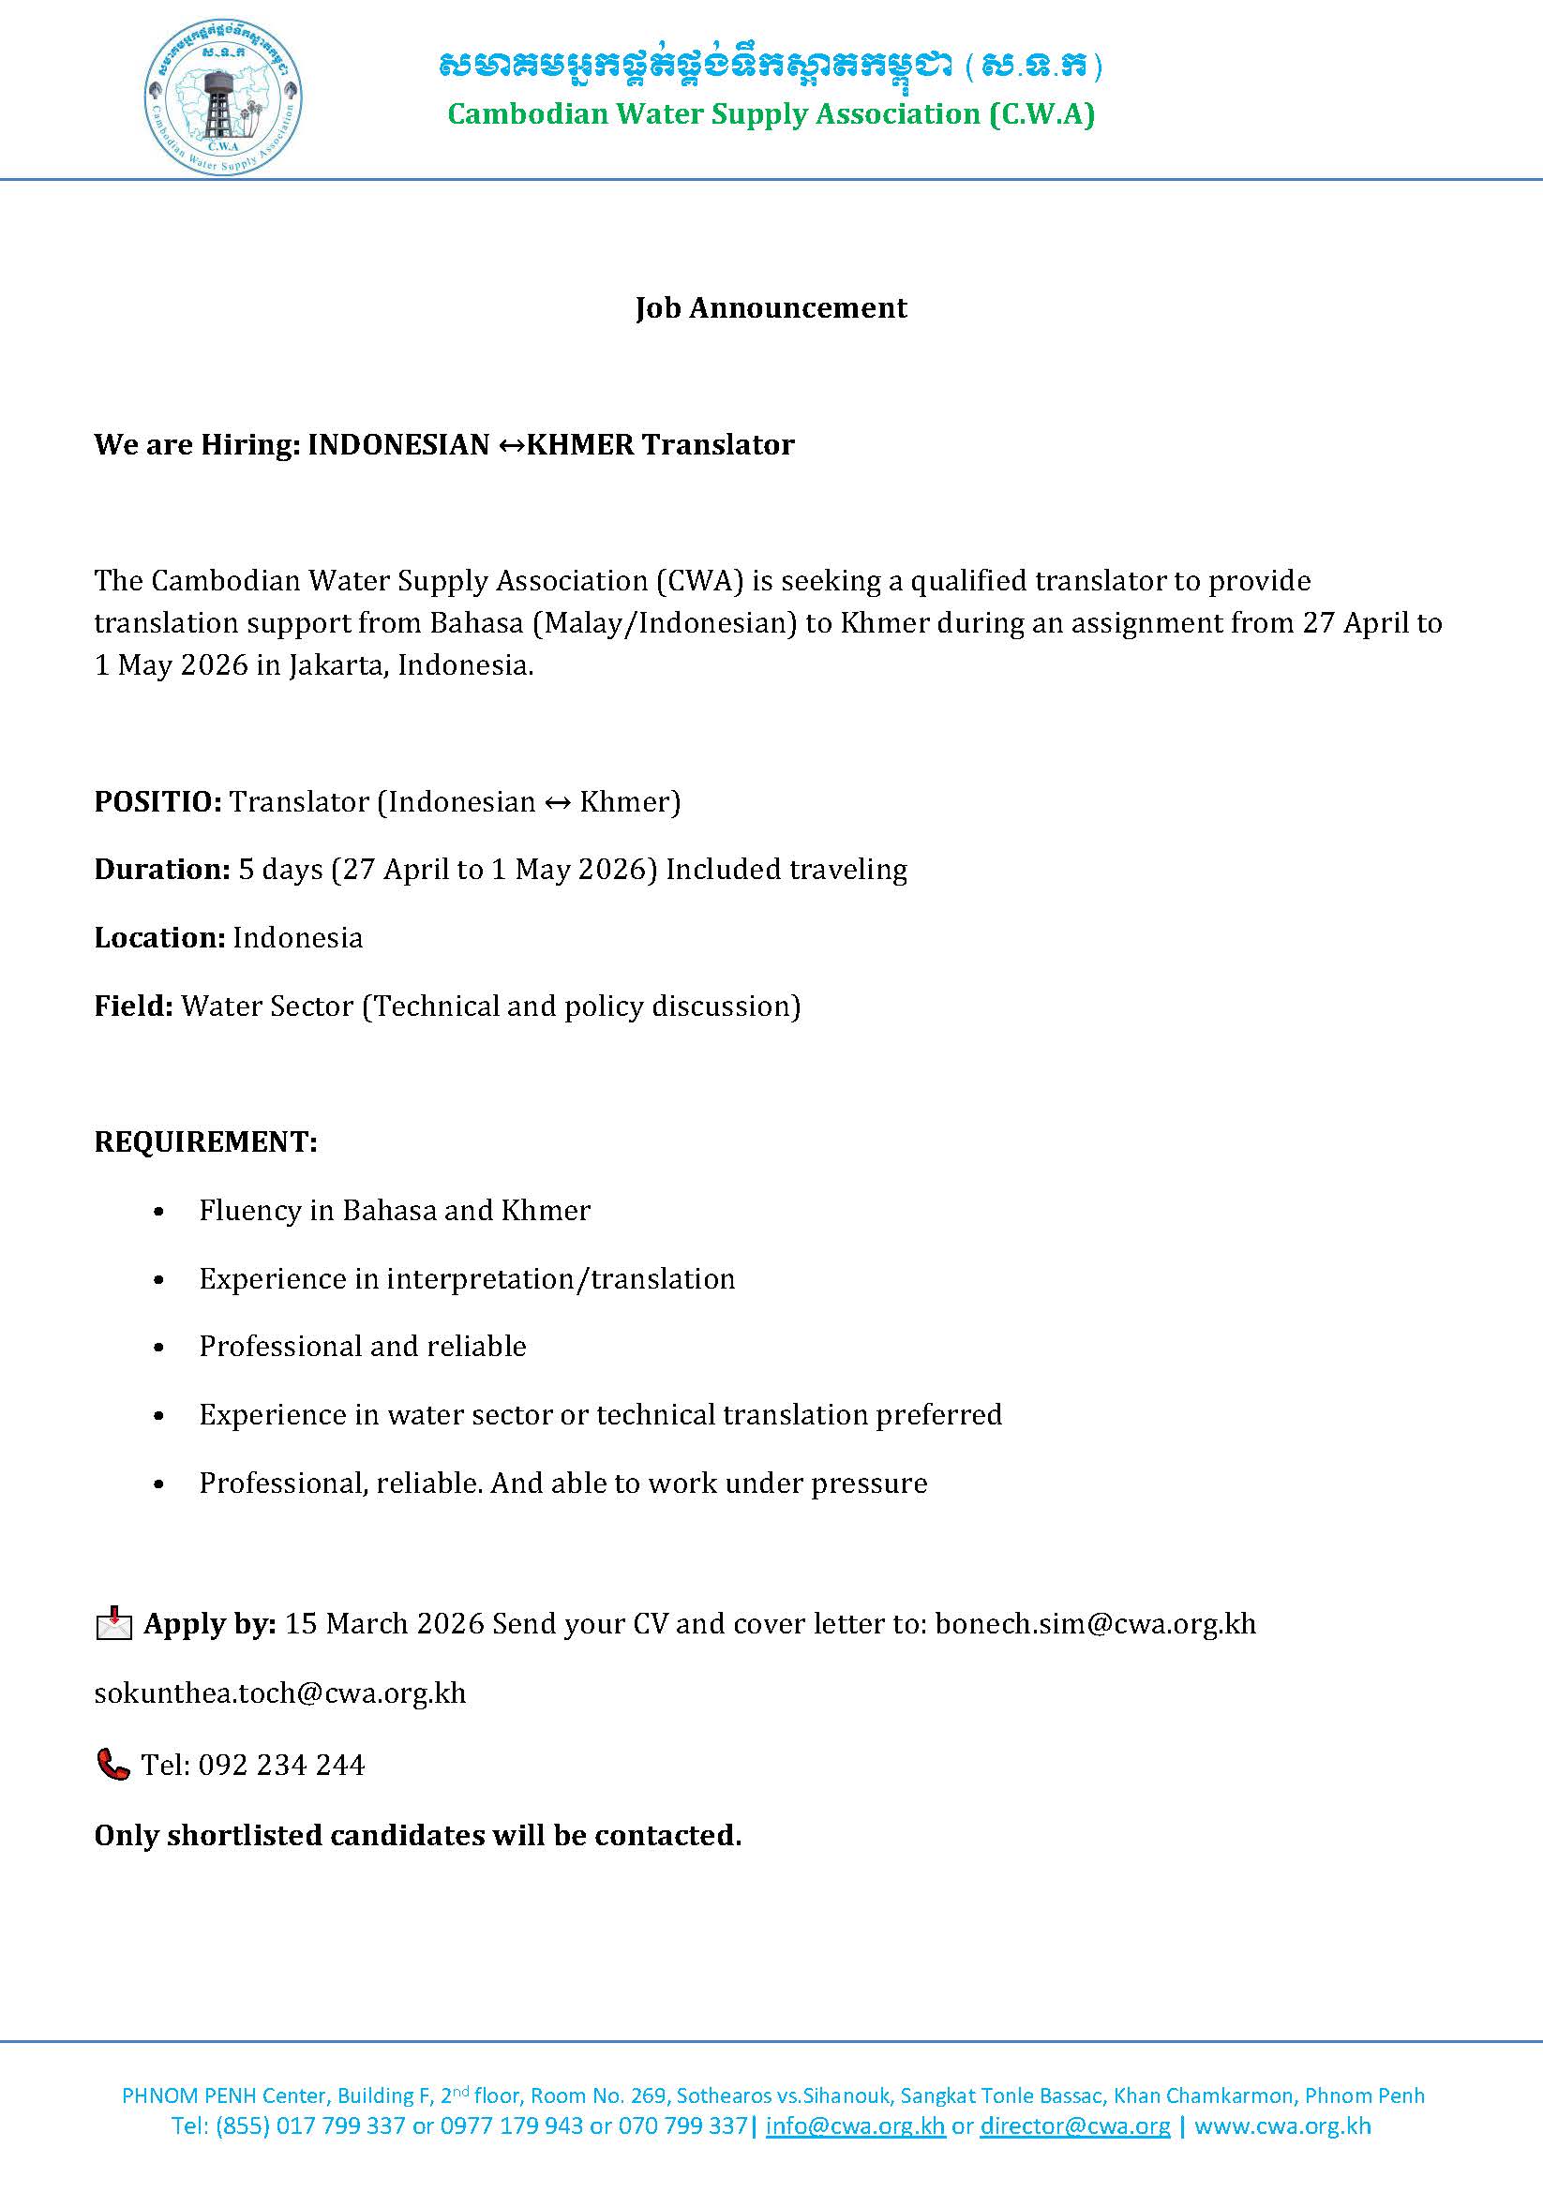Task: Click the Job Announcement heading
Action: (x=771, y=307)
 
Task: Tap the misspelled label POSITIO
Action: (x=157, y=802)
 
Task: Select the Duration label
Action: (x=161, y=870)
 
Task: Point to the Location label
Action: (x=159, y=938)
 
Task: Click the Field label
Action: (x=133, y=1007)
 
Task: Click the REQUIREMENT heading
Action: (x=205, y=1141)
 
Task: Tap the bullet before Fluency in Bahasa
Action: (x=159, y=1212)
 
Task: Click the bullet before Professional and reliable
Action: (x=159, y=1347)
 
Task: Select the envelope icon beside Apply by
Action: (x=113, y=1624)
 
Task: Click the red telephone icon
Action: (x=112, y=1765)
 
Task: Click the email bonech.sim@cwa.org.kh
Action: (x=1095, y=1624)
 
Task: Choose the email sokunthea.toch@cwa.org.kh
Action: (x=279, y=1693)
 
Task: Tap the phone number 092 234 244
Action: (x=280, y=1765)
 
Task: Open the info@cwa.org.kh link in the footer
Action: (x=855, y=2125)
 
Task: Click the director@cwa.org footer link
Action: (x=1074, y=2125)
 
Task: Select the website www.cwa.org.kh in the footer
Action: (x=1282, y=2125)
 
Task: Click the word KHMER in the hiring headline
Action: (x=579, y=445)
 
